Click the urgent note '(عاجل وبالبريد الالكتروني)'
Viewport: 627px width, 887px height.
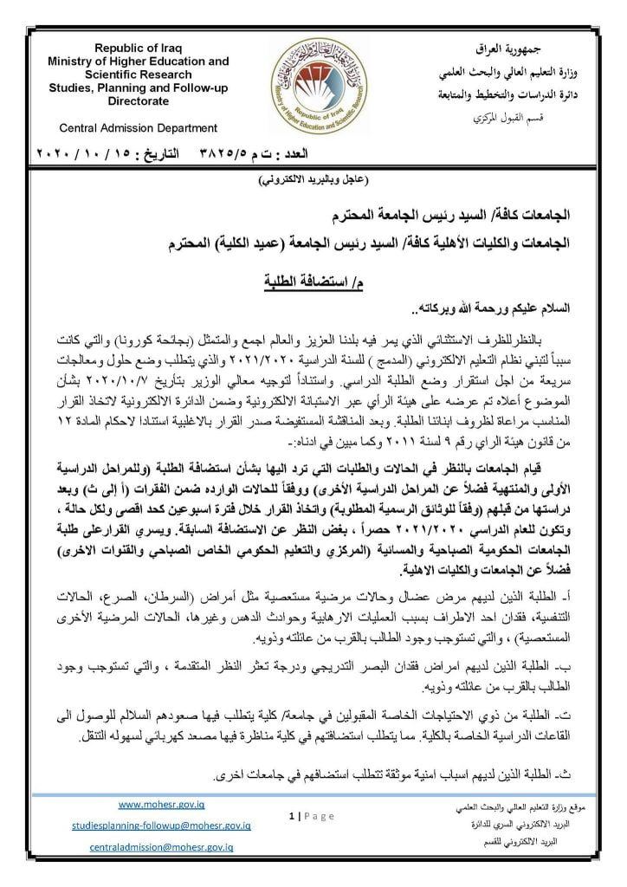(x=313, y=181)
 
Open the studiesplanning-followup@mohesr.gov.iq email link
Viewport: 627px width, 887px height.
(x=160, y=826)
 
